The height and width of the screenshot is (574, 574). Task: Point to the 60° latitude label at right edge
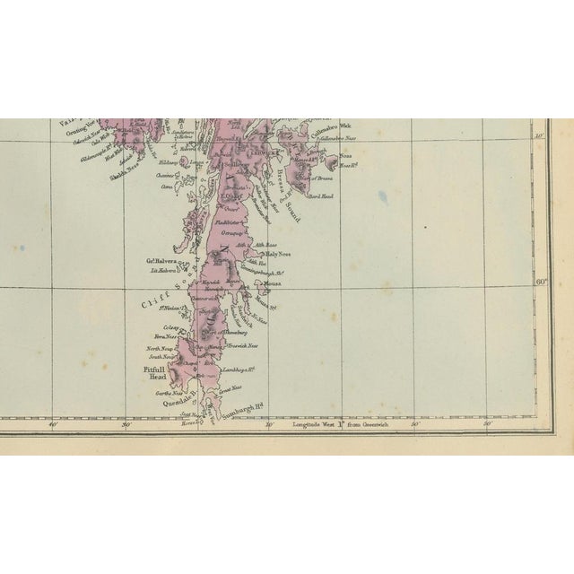point(541,282)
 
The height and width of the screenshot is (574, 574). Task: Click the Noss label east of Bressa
point(344,157)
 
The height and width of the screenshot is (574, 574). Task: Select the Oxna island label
point(166,187)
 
